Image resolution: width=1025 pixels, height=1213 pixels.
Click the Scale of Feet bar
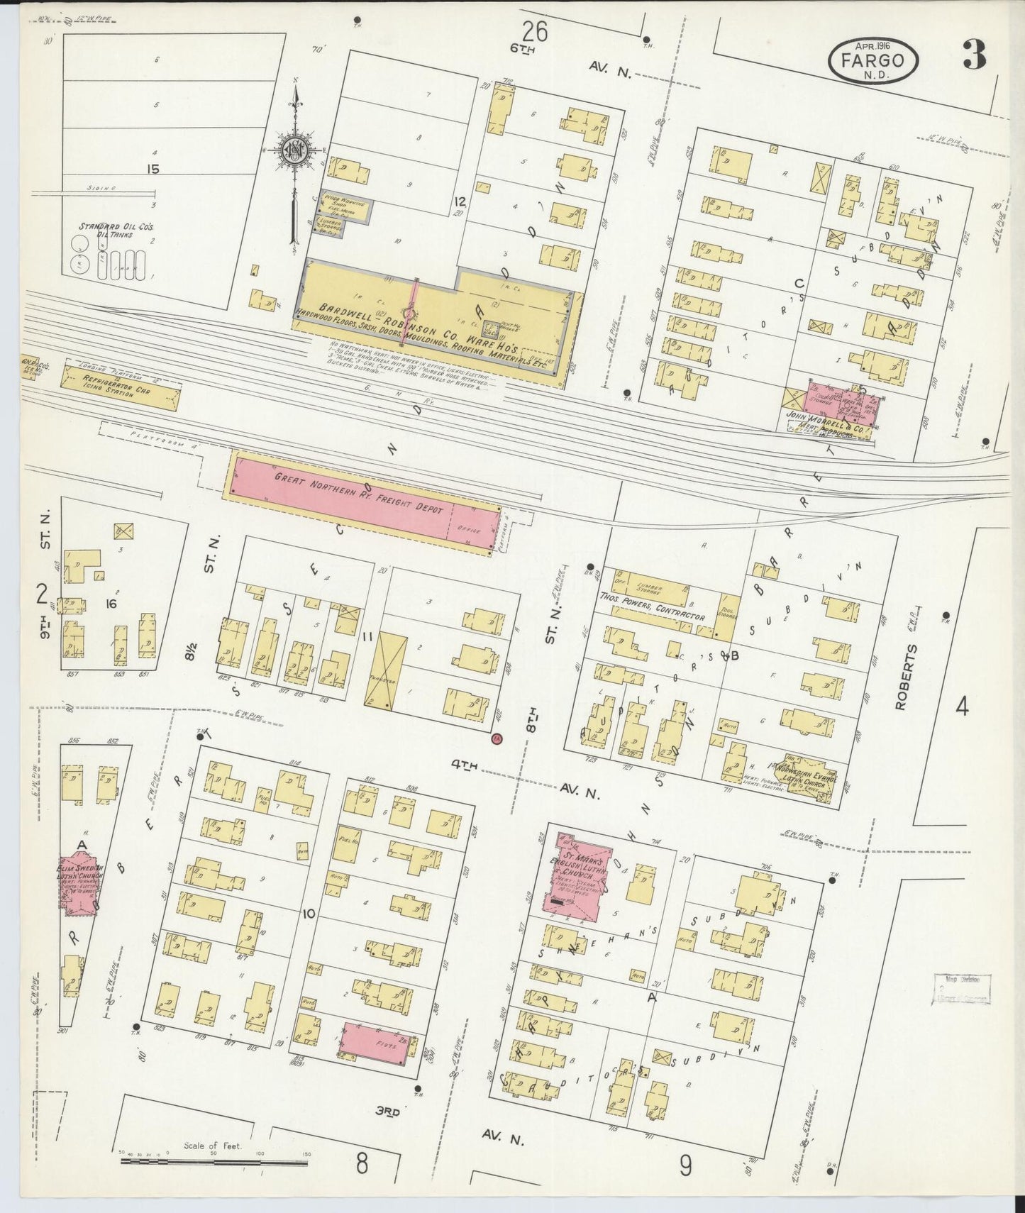tap(213, 1160)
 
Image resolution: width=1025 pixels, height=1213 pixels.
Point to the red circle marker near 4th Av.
tap(497, 738)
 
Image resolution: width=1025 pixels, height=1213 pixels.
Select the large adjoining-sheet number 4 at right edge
tap(962, 707)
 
